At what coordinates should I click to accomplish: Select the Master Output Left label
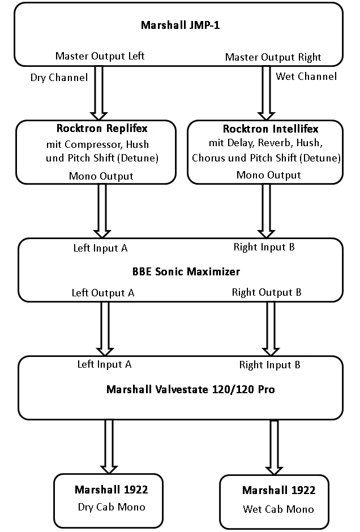[100, 56]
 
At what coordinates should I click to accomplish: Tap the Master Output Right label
[273, 57]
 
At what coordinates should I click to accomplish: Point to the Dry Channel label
[59, 78]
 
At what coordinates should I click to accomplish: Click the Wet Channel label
[306, 76]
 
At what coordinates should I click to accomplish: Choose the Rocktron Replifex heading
[102, 129]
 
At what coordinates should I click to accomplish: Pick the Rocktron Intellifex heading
[271, 129]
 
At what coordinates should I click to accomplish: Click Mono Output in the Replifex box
[102, 176]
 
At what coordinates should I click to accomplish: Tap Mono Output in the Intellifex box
[269, 175]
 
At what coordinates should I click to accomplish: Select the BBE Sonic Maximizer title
[186, 271]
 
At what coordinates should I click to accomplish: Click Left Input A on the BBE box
[101, 248]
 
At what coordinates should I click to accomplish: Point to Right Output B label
[267, 292]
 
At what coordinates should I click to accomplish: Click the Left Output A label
[102, 293]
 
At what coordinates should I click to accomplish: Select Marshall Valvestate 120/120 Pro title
[191, 389]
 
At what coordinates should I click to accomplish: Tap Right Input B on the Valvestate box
[269, 365]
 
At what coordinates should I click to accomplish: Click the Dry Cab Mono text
[111, 507]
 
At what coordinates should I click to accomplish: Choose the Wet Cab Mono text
[278, 509]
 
